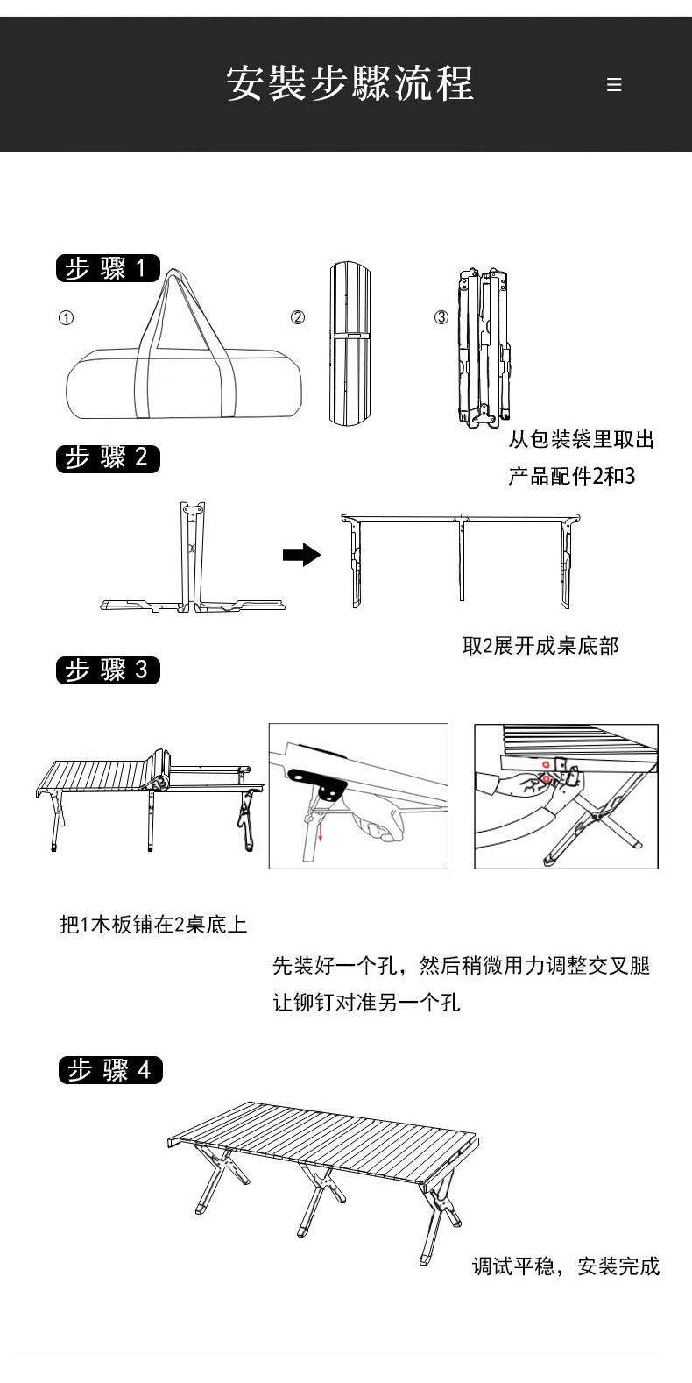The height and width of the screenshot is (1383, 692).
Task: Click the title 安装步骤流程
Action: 350,84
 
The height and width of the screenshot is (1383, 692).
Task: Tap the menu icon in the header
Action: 614,85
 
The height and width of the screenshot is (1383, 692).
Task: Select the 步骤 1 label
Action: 109,268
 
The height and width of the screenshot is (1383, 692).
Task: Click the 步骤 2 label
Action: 109,457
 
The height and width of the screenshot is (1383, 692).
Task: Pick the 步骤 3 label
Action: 109,670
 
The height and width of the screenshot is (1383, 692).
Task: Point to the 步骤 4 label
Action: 110,1070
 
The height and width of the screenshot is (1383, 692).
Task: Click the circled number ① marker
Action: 66,317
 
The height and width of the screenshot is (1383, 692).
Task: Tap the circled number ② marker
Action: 298,317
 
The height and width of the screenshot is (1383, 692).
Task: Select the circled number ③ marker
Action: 441,317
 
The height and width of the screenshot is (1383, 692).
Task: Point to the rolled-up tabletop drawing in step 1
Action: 350,344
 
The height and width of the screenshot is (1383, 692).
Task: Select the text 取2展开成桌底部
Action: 540,646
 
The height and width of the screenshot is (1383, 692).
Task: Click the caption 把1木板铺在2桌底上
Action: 152,924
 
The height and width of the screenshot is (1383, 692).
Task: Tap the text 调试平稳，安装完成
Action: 566,1266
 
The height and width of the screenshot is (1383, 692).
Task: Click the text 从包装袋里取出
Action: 581,439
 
